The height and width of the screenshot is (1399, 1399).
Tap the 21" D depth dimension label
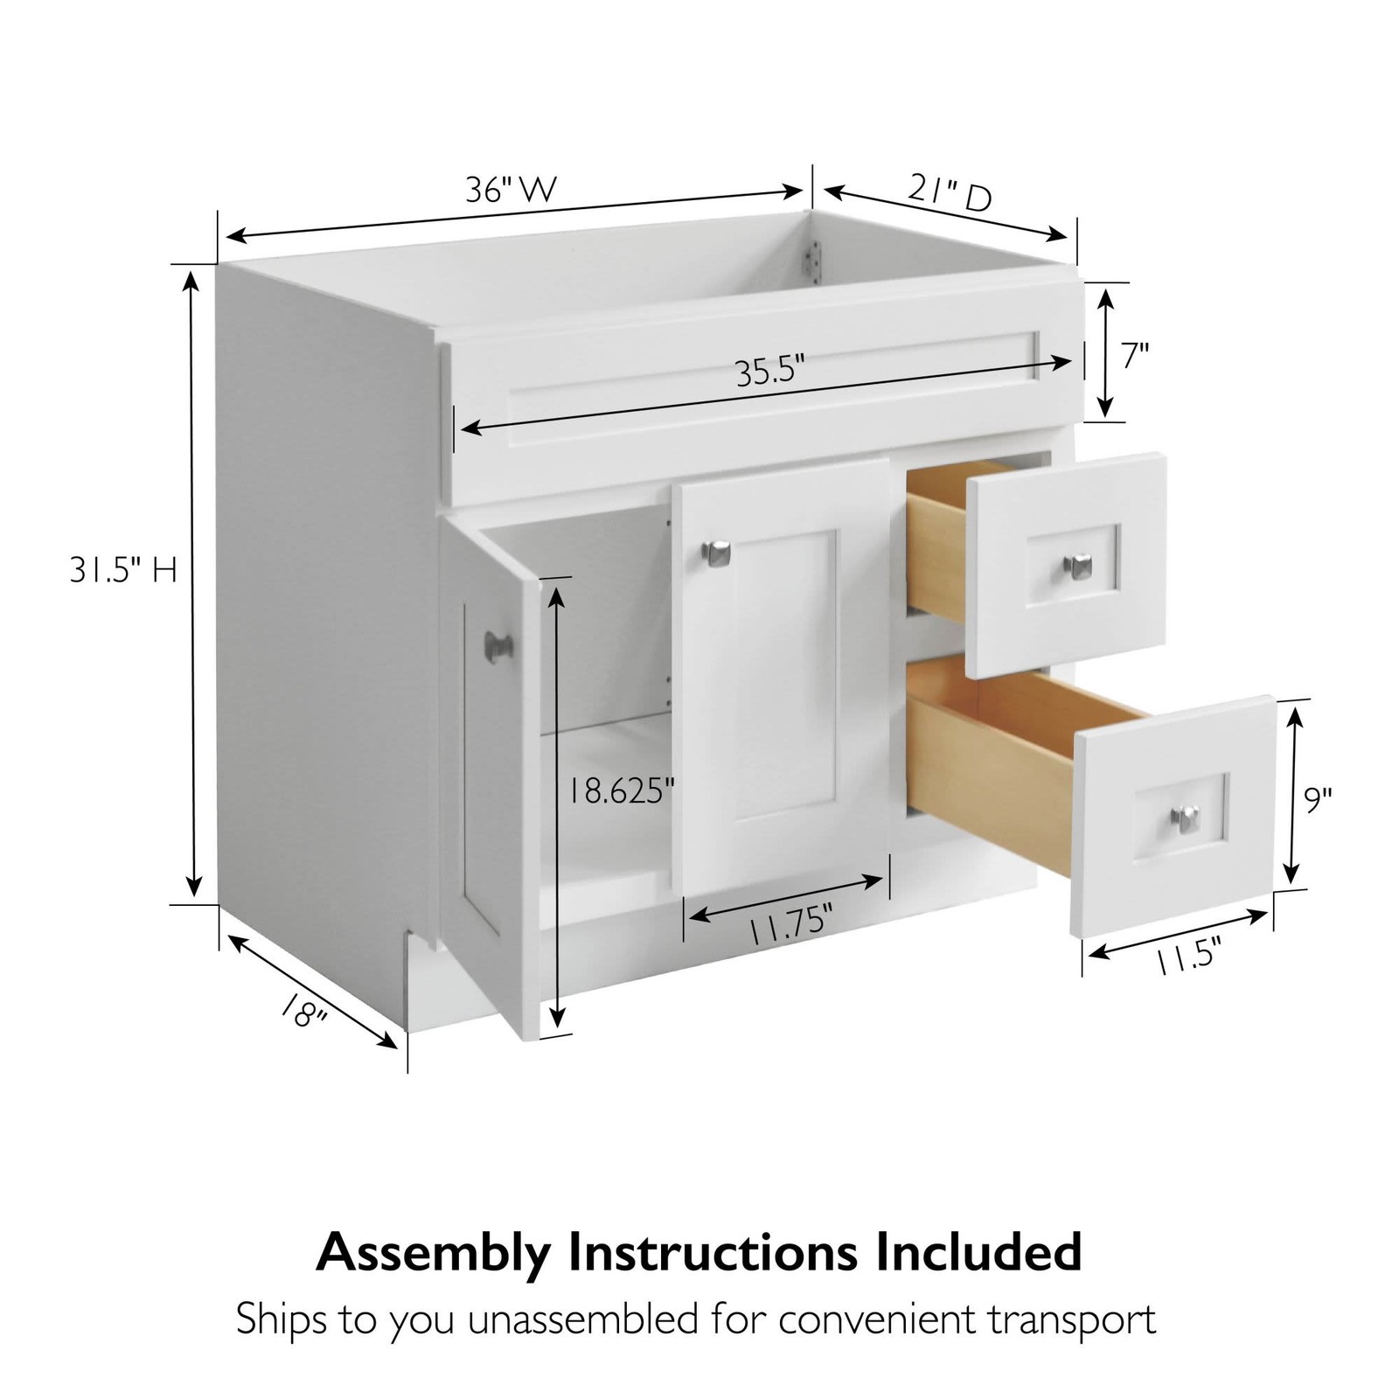coord(949,193)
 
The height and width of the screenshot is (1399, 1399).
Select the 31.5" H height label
coord(123,571)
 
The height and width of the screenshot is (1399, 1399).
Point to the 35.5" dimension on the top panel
coord(769,372)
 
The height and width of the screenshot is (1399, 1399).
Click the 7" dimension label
coord(1135,356)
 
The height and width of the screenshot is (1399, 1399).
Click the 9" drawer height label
coord(1319,800)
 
